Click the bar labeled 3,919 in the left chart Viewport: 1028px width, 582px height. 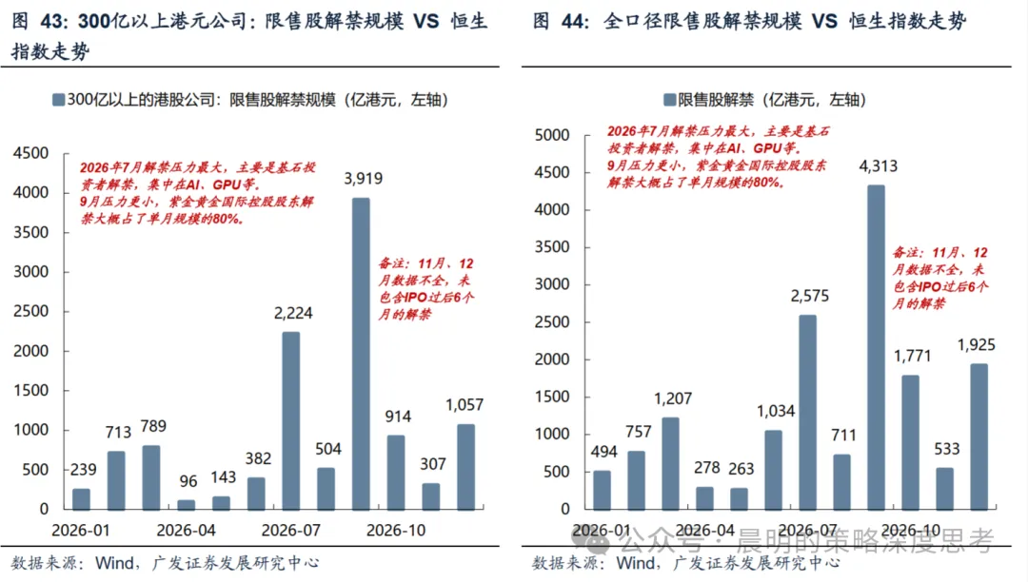[x=361, y=354]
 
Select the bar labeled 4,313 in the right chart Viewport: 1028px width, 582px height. [x=876, y=347]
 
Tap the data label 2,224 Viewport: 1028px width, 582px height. [x=293, y=313]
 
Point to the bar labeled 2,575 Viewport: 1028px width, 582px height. [x=808, y=413]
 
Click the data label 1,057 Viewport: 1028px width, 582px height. [x=465, y=404]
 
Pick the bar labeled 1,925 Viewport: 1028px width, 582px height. [x=979, y=436]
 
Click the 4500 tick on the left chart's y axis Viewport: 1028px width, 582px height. [x=30, y=153]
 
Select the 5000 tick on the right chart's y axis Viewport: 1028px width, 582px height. [x=552, y=135]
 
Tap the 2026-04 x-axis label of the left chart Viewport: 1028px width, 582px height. [x=187, y=531]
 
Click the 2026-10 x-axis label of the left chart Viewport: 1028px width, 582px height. [x=396, y=531]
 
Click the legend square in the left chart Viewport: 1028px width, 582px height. [x=58, y=100]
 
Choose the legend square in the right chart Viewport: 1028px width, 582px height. [x=669, y=100]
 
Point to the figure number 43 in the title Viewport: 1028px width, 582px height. [x=53, y=22]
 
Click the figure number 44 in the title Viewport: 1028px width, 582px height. [x=574, y=22]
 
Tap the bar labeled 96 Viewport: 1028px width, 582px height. [x=187, y=505]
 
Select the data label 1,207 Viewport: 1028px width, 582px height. [x=673, y=398]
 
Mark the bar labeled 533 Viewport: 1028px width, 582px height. [x=945, y=489]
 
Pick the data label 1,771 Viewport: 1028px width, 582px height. [x=913, y=356]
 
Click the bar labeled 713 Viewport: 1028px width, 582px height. [x=116, y=480]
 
